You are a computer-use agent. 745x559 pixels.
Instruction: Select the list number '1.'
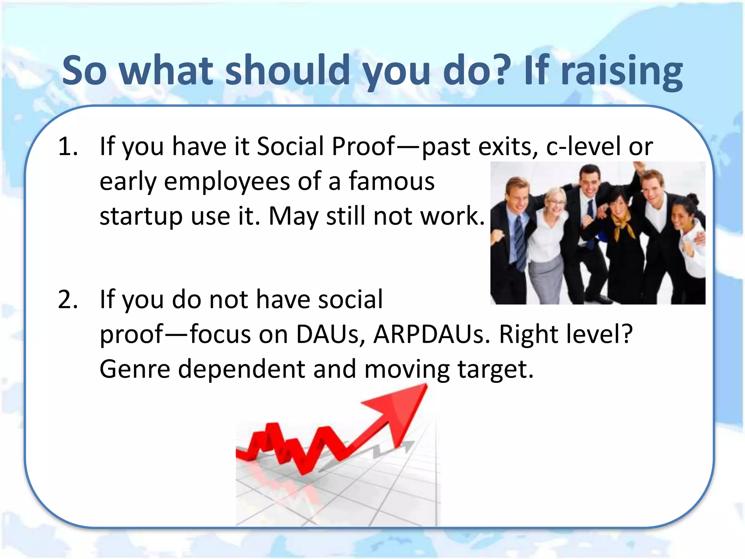pyautogui.click(x=68, y=147)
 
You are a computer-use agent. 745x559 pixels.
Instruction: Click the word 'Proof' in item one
pyautogui.click(x=363, y=147)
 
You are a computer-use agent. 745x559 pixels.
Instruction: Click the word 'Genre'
pyautogui.click(x=135, y=369)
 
